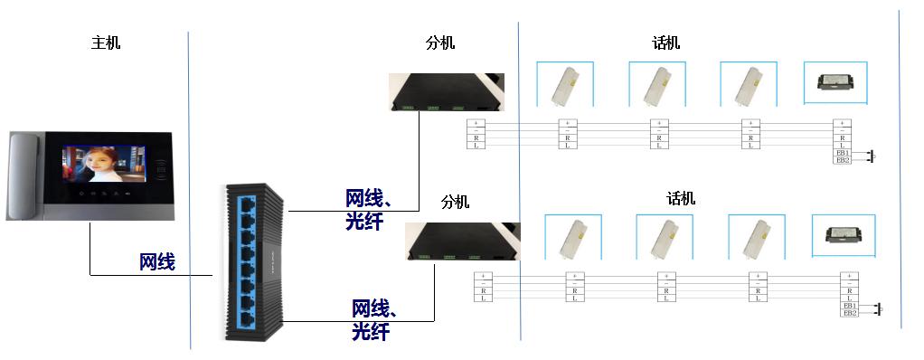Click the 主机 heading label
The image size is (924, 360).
(105, 43)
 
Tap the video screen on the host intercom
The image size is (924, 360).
(103, 168)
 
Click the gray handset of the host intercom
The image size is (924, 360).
(22, 176)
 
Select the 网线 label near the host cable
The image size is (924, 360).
(157, 262)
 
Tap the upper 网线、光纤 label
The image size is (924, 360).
(371, 209)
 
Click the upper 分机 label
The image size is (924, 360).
(440, 43)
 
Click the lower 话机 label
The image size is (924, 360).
(681, 199)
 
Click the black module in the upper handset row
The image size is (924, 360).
(837, 81)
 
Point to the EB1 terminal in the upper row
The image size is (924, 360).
(843, 154)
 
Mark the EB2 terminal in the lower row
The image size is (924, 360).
(850, 313)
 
